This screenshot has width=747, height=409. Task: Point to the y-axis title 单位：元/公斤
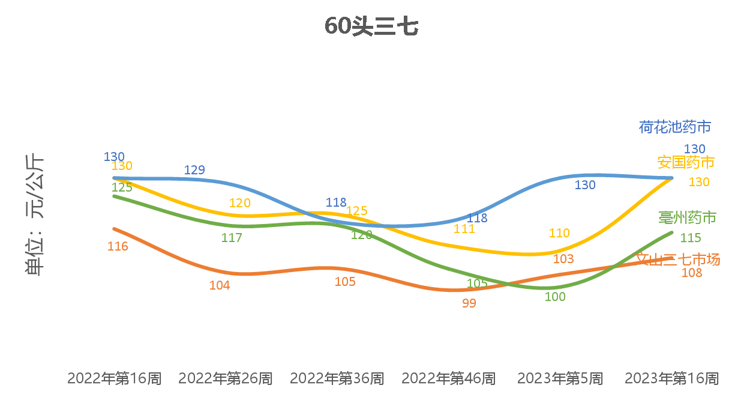click(x=35, y=215)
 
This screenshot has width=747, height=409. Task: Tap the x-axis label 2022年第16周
click(x=114, y=378)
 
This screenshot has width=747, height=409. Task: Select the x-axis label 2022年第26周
click(x=226, y=378)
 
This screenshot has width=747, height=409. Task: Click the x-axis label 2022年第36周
click(x=337, y=378)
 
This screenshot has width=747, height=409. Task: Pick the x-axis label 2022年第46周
click(x=448, y=378)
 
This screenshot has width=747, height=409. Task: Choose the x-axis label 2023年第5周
click(x=560, y=378)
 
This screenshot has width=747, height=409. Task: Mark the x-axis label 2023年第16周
click(x=671, y=378)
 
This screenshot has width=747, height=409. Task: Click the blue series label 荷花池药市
click(x=675, y=127)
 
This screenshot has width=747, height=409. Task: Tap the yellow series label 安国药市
click(x=686, y=162)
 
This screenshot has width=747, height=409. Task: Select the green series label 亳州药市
click(x=687, y=217)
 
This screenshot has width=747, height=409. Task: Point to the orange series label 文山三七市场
click(x=678, y=259)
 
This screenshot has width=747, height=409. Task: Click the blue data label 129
click(x=194, y=170)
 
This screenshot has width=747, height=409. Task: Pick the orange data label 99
click(x=469, y=303)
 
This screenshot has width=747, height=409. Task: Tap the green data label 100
click(x=555, y=296)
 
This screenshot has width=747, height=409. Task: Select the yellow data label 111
click(x=464, y=229)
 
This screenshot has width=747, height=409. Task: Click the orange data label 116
click(x=118, y=246)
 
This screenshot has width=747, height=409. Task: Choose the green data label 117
click(x=232, y=238)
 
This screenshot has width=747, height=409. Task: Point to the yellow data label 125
click(x=356, y=211)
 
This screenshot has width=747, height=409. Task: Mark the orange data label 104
click(x=220, y=285)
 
